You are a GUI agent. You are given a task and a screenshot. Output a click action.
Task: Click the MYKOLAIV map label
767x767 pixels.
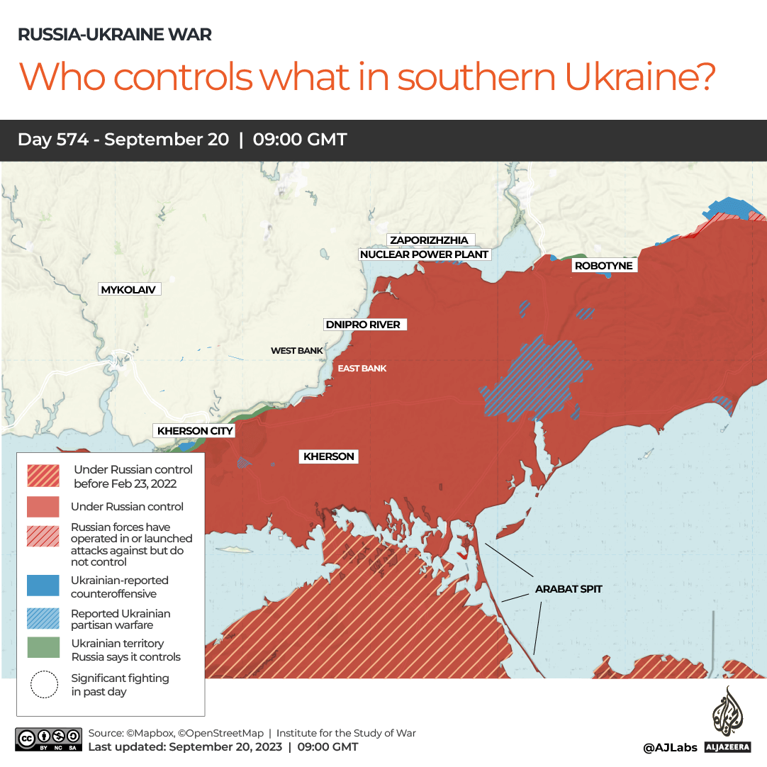[128, 289]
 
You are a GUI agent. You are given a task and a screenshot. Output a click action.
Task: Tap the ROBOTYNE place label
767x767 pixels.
[603, 266]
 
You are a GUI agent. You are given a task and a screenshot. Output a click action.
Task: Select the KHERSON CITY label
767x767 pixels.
[195, 430]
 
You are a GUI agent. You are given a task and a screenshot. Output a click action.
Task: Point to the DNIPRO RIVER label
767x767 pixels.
[362, 325]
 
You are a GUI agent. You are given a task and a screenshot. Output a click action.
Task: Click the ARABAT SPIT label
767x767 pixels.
[569, 588]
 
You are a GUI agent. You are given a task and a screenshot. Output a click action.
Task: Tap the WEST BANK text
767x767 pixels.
[296, 351]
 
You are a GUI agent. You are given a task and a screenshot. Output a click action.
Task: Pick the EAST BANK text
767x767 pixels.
[362, 368]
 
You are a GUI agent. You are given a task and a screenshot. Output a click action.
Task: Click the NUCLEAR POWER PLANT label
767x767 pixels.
[425, 254]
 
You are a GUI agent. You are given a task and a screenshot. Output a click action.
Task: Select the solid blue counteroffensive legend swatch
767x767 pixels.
[43, 586]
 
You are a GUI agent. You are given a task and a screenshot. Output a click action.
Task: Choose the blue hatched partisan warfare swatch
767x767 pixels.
[43, 618]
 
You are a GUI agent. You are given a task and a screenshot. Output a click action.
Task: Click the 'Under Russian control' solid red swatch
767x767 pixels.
[43, 506]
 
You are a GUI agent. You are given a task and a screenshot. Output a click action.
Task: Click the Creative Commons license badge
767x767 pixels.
[47, 739]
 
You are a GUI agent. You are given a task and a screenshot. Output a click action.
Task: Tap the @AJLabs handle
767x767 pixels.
[670, 747]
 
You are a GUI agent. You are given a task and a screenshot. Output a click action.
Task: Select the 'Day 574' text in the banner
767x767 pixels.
[52, 140]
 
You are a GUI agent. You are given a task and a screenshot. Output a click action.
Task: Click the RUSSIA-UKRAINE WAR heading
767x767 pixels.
[114, 34]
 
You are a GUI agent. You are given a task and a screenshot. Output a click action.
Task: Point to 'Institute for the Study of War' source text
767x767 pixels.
[346, 733]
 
